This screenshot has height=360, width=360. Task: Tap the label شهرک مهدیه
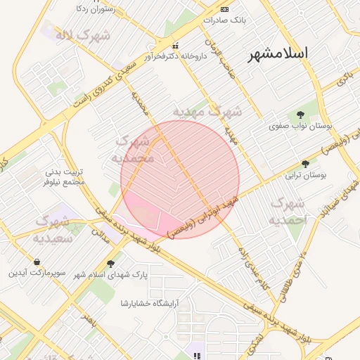pyautogui.click(x=207, y=111)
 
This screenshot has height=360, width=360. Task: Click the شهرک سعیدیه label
pyautogui.click(x=51, y=230)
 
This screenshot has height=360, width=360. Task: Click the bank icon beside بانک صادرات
pyautogui.click(x=224, y=9)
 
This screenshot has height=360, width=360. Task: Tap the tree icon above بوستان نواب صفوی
pyautogui.click(x=301, y=115)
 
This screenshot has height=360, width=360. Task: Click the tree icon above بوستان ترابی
pyautogui.click(x=305, y=163)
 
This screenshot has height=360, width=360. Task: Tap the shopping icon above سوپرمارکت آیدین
pyautogui.click(x=37, y=262)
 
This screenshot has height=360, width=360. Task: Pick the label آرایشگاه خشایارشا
pyautogui.click(x=150, y=303)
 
